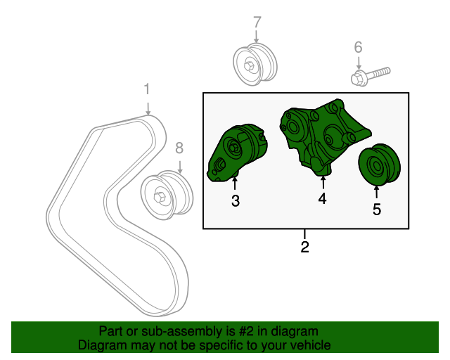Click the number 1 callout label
tap(147, 89)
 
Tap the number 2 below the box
tap(304, 247)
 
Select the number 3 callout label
tap(236, 200)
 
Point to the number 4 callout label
tap(323, 199)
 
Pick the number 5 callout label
tap(377, 210)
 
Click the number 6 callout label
tap(358, 47)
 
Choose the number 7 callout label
tap(257, 22)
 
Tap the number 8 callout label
tap(179, 148)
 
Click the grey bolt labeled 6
tap(371, 76)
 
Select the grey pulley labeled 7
tap(255, 64)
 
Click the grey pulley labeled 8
tap(167, 195)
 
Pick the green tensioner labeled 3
tap(237, 153)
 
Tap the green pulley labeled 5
tap(379, 165)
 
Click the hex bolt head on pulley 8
tap(159, 197)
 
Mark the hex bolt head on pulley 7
tap(248, 65)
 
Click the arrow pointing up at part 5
tap(376, 192)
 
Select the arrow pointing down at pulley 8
tap(180, 167)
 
